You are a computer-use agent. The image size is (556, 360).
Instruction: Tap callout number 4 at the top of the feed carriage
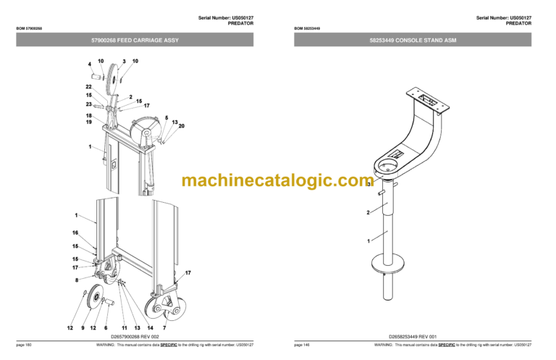click(x=90, y=64)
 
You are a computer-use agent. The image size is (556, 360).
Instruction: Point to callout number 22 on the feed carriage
click(x=88, y=87)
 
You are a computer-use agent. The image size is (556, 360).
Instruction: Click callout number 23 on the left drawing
click(x=88, y=104)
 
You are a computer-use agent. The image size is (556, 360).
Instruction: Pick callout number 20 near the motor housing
click(x=181, y=126)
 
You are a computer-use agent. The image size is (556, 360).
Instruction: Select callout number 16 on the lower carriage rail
click(x=75, y=233)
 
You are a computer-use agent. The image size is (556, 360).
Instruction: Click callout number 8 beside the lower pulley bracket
click(x=76, y=279)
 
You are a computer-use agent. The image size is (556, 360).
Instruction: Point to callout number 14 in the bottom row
click(x=150, y=328)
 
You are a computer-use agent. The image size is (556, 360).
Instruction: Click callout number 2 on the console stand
click(x=368, y=212)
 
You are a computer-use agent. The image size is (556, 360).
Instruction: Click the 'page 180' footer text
click(x=24, y=345)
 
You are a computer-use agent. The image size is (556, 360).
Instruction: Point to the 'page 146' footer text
click(x=302, y=345)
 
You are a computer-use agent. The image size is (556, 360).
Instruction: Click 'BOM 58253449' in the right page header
click(x=307, y=28)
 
